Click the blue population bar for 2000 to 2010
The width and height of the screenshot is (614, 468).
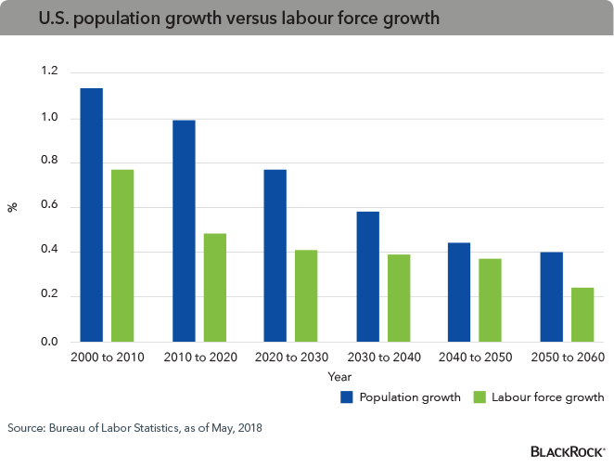(91, 215)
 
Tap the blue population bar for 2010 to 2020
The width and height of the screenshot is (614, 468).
(184, 231)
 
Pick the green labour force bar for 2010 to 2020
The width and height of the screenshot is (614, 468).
(215, 288)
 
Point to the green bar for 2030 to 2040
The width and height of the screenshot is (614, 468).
(399, 298)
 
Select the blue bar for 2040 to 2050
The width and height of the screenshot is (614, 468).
(459, 292)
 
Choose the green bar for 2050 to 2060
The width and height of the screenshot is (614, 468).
(582, 315)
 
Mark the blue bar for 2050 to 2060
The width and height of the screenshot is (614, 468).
(551, 297)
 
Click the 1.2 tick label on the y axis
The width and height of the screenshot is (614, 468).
(50, 72)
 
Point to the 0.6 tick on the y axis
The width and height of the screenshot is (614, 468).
(50, 207)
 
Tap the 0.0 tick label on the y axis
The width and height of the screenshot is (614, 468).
(50, 343)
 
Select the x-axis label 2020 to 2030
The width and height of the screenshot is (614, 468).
(292, 357)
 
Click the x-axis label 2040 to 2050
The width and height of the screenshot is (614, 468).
(476, 357)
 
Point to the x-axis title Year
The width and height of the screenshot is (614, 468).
(339, 377)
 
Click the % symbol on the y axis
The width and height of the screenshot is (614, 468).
(13, 207)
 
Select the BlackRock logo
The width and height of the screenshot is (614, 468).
(568, 451)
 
